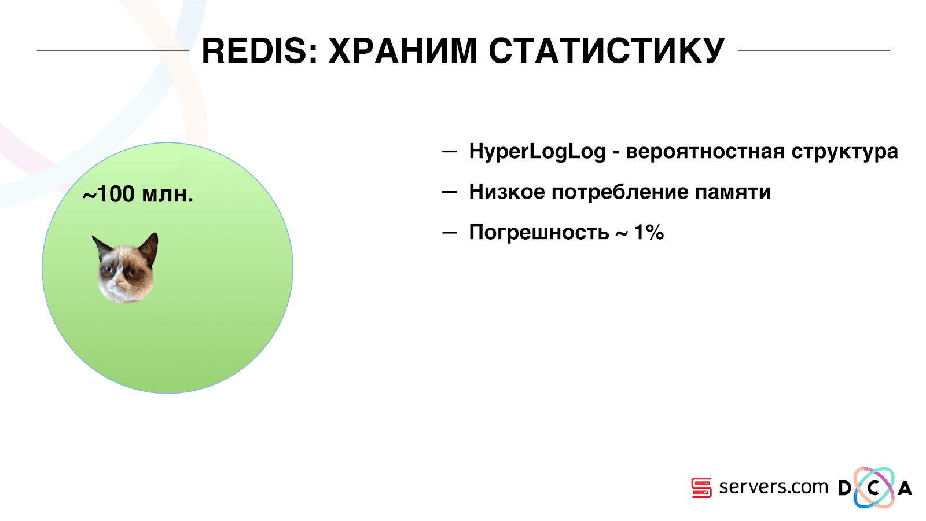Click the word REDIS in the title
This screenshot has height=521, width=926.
click(254, 50)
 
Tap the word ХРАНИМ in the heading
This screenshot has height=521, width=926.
click(403, 50)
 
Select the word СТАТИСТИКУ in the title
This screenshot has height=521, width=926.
click(607, 50)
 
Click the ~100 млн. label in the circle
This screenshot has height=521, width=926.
click(138, 195)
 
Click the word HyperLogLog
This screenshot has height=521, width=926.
click(537, 152)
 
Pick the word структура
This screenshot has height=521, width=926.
click(844, 152)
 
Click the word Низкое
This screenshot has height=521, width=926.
click(507, 192)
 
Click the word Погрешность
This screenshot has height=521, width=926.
click(539, 233)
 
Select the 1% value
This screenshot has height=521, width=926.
click(649, 233)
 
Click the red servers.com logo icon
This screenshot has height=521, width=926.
click(701, 487)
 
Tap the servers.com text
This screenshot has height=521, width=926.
click(773, 487)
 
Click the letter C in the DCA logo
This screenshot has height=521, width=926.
click(873, 488)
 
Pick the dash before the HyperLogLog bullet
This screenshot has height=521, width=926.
click(449, 152)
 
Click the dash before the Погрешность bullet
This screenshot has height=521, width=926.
click(449, 233)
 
